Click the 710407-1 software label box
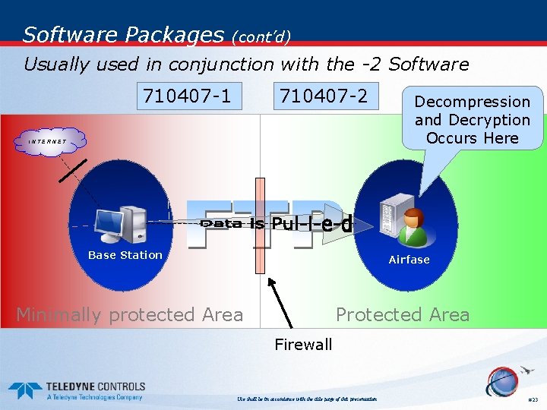(x=188, y=96)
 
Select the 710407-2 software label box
(x=324, y=96)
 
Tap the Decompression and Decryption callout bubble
(x=473, y=119)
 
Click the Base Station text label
(x=125, y=255)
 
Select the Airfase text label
(x=409, y=260)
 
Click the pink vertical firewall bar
(x=261, y=225)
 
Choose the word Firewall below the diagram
(x=303, y=345)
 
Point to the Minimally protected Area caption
(x=130, y=314)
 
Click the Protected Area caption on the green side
(x=403, y=314)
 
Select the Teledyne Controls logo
(x=75, y=390)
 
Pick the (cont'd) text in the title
(x=261, y=36)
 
